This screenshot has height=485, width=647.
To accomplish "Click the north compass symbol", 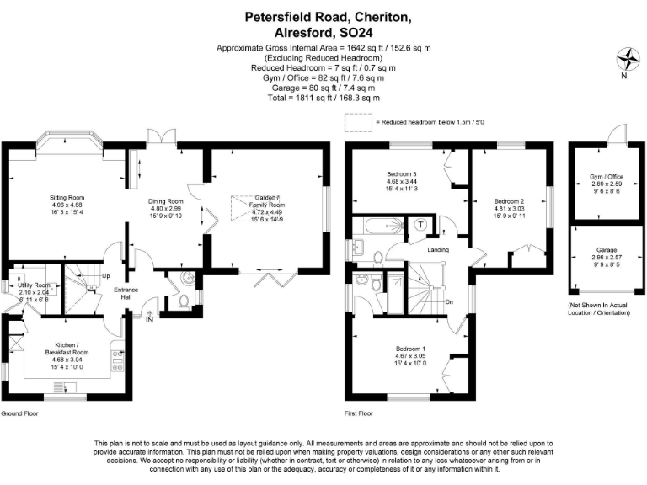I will pos(628,61).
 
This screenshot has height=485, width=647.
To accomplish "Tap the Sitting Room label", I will pos(67,198).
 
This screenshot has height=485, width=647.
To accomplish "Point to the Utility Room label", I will pos(35,285).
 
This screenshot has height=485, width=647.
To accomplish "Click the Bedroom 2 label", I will pos(509,202).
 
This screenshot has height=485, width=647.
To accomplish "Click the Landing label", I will pos(437,250).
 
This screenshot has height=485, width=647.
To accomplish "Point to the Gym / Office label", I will pos(606,177).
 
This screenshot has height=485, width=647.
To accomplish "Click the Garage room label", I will pos(606,250).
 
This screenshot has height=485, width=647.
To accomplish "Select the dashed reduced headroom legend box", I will pos(356,122).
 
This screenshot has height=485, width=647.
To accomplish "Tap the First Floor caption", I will pos(359,414).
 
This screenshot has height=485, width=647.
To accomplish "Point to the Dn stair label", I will pos(450,301).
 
